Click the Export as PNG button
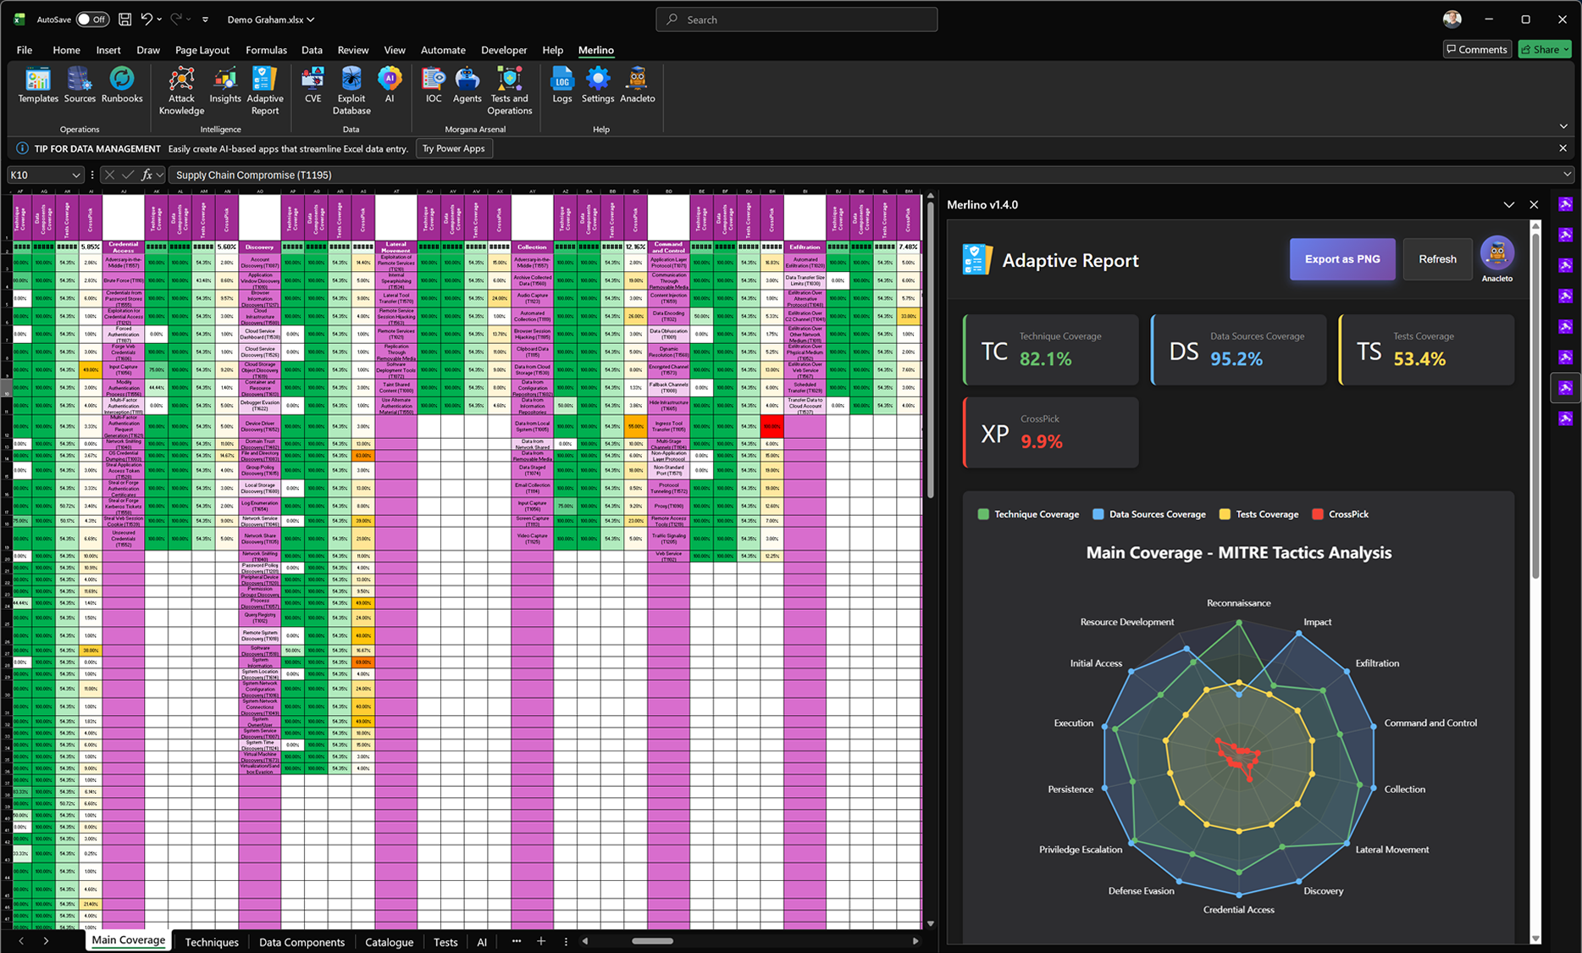[x=1341, y=259]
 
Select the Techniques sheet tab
[x=212, y=942]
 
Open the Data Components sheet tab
[x=301, y=942]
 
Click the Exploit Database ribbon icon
[x=351, y=90]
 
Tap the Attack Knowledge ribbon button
[x=181, y=90]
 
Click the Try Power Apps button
[x=453, y=149]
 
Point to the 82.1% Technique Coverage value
[x=1045, y=359]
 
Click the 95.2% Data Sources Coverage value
[x=1236, y=359]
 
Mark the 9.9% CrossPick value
[x=1041, y=441]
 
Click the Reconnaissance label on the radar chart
[x=1238, y=603]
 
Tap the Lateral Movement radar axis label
[x=1391, y=850]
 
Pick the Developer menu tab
[x=504, y=50]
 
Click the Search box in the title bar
[x=796, y=19]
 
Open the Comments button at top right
[x=1477, y=49]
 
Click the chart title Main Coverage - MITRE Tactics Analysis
[x=1238, y=552]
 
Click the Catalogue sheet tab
[x=389, y=942]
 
